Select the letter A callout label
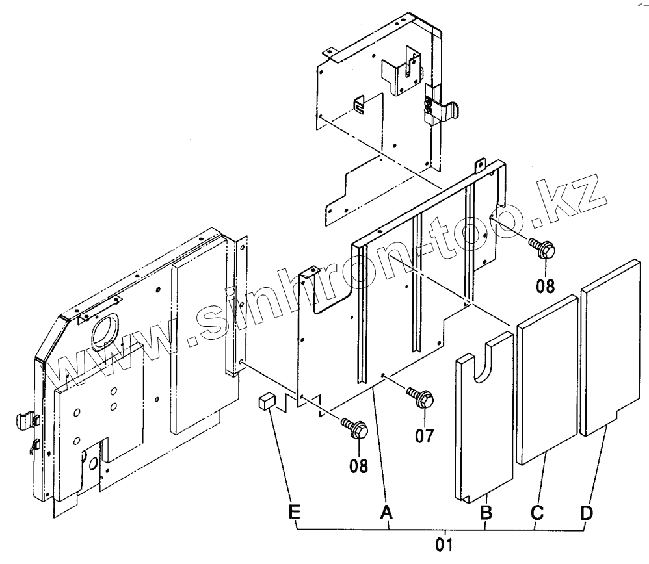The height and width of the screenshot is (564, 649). point(388,513)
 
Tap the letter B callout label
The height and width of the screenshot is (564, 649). point(486,513)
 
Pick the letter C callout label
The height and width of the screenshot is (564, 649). point(537,513)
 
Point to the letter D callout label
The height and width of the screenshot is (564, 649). point(587,513)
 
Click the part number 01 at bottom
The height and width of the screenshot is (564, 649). point(444,544)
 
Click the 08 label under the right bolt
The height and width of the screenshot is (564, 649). point(546,286)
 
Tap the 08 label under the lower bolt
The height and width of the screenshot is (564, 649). point(358,465)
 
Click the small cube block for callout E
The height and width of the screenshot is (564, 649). point(265,402)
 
